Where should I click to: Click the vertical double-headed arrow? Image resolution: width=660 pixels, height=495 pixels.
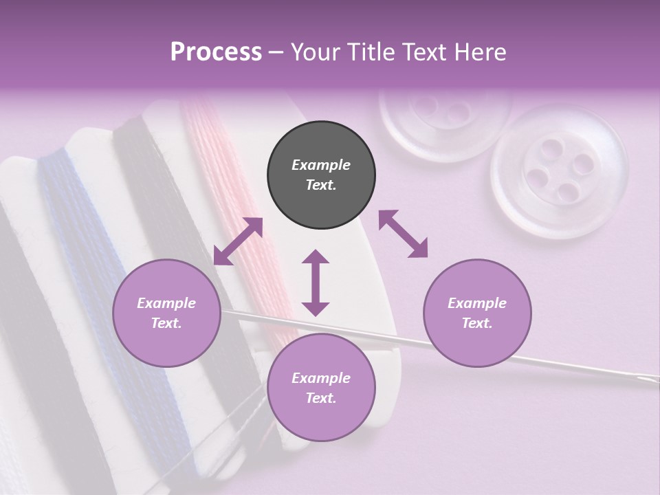pyautogui.click(x=316, y=283)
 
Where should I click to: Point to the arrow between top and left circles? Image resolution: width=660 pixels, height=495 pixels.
pyautogui.click(x=238, y=241)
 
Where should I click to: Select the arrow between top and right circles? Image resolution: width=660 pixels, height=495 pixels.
pyautogui.click(x=404, y=234)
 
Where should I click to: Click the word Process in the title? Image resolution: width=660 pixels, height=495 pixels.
pyautogui.click(x=216, y=52)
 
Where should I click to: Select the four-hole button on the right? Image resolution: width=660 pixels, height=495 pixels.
pyautogui.click(x=559, y=172)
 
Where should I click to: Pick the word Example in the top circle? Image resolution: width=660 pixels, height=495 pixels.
pyautogui.click(x=321, y=165)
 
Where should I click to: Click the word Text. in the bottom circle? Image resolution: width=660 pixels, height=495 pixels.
pyautogui.click(x=321, y=398)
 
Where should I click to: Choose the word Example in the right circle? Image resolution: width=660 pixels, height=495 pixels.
pyautogui.click(x=477, y=303)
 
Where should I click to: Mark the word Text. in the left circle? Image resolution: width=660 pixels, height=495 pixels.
pyautogui.click(x=166, y=323)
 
